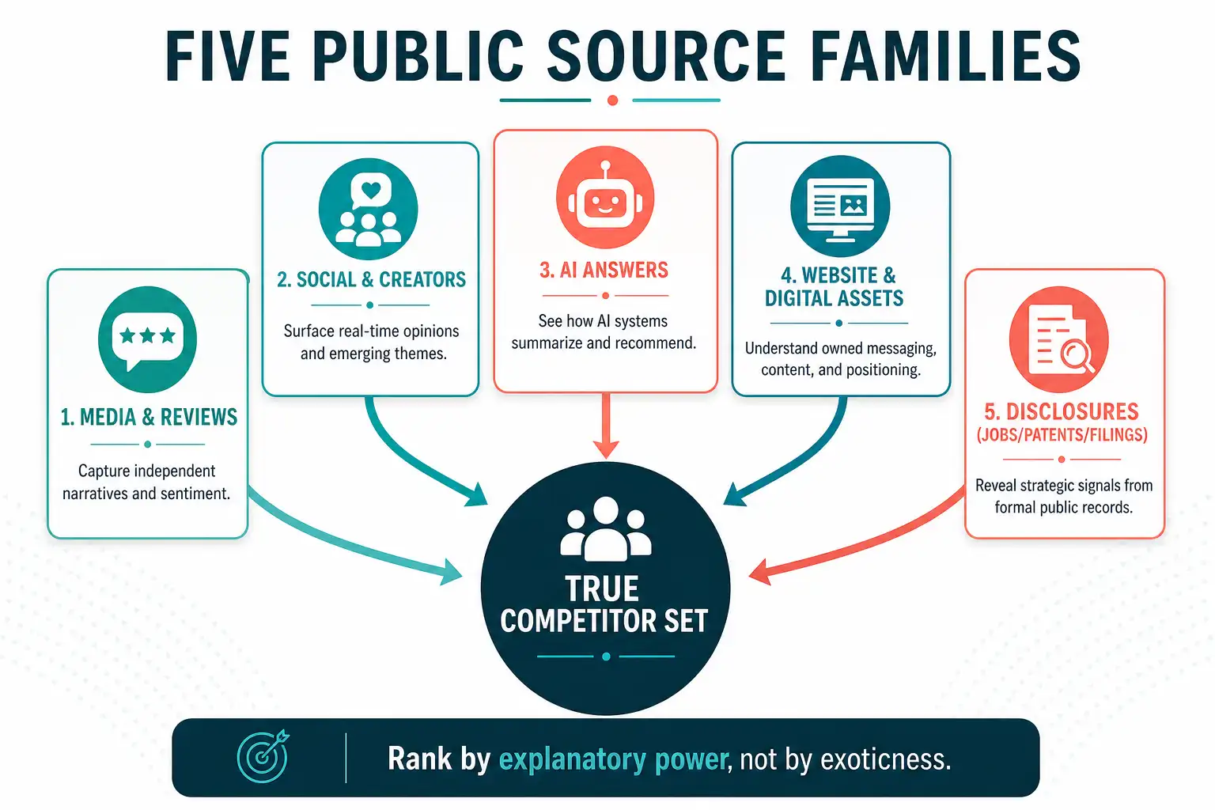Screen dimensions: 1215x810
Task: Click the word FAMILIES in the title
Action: pyautogui.click(x=945, y=56)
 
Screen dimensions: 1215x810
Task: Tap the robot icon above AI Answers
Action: pyautogui.click(x=605, y=197)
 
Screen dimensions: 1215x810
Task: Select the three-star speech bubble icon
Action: pyautogui.click(x=147, y=339)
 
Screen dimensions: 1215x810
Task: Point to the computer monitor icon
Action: pyautogui.click(x=840, y=206)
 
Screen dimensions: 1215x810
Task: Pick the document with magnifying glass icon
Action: pyautogui.click(x=1059, y=339)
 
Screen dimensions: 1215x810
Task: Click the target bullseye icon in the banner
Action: pyautogui.click(x=263, y=757)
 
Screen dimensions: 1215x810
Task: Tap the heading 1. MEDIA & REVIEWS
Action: pyautogui.click(x=149, y=417)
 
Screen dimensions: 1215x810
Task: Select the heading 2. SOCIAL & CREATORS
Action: pyautogui.click(x=372, y=279)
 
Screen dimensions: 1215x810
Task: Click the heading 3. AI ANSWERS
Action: pyautogui.click(x=604, y=271)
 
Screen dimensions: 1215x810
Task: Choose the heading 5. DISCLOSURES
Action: pyautogui.click(x=1062, y=412)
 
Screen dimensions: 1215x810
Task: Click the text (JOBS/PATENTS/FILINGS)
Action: pyautogui.click(x=1062, y=435)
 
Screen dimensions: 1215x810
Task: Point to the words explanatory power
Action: pyautogui.click(x=613, y=759)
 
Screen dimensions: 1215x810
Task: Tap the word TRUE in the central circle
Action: pyautogui.click(x=602, y=589)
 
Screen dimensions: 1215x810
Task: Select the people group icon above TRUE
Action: pyautogui.click(x=605, y=529)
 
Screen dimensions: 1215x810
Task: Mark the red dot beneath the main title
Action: pyautogui.click(x=612, y=100)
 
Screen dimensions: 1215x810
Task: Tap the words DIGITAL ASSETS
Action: pyautogui.click(x=835, y=298)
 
